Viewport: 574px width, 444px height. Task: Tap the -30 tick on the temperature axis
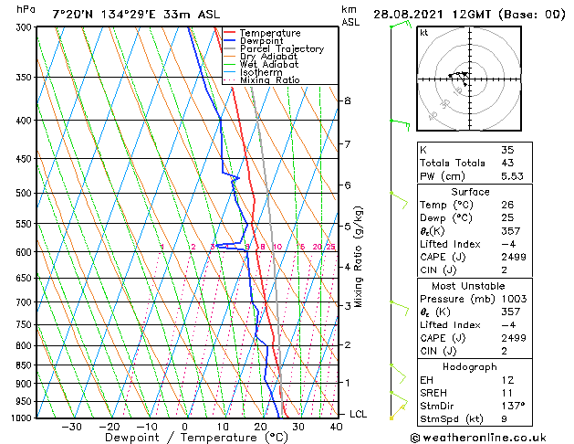(x=71, y=426)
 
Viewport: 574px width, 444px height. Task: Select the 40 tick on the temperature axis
(x=336, y=426)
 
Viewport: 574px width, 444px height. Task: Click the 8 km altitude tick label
(x=347, y=100)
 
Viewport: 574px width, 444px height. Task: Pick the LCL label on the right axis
(x=358, y=414)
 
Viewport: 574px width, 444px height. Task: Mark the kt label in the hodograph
(x=424, y=33)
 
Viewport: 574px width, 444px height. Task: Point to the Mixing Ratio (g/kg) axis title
(x=359, y=257)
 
